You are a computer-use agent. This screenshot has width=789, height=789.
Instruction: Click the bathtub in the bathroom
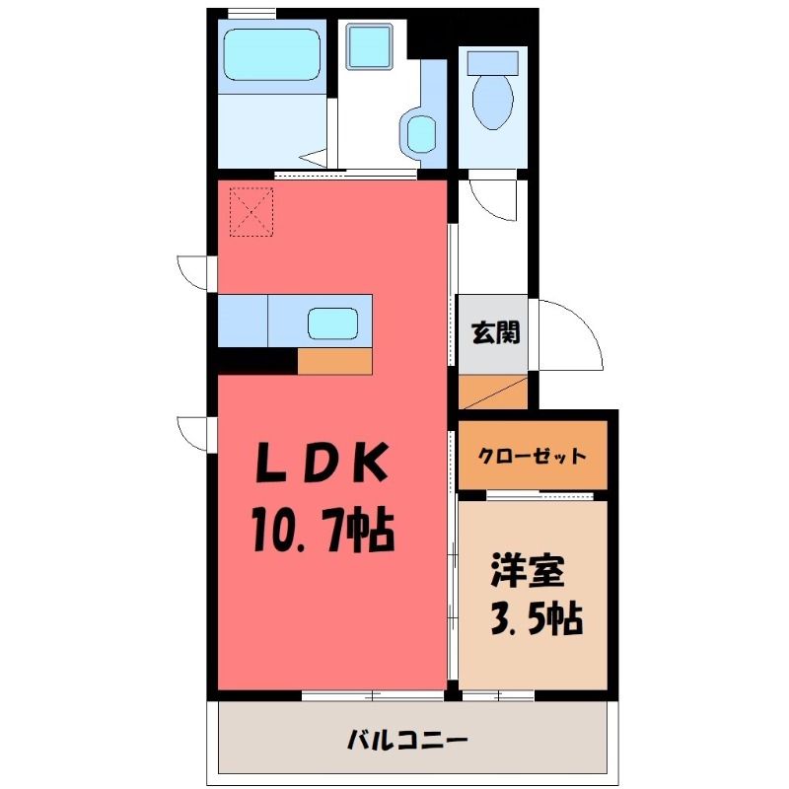pos(272,54)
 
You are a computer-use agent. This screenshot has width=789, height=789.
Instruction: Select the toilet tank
pos(493,63)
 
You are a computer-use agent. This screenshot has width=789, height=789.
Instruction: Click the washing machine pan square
pos(369,46)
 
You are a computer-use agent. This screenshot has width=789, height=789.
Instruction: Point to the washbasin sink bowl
pos(421,134)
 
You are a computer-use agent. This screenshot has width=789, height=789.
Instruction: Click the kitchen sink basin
pos(332,323)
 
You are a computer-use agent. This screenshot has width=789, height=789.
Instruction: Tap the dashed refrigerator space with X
pos(251,211)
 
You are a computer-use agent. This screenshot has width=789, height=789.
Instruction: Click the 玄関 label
pos(495,332)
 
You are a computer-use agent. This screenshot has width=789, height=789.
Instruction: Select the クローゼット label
pos(533,456)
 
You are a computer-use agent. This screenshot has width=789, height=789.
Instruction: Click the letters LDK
pos(323,462)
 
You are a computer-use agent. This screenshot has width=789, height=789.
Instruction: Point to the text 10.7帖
pos(323,531)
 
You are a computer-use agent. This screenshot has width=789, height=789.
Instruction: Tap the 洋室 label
pos(528,571)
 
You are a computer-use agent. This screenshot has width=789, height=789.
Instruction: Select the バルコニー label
pos(407,741)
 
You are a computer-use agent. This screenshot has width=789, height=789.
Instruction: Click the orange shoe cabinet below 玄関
pos(493,392)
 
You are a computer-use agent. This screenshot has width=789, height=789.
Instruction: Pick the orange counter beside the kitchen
pos(334,361)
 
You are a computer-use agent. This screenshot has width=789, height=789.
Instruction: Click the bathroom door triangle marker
pos(314,158)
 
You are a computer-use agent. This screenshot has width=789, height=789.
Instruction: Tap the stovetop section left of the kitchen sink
pos(243,321)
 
